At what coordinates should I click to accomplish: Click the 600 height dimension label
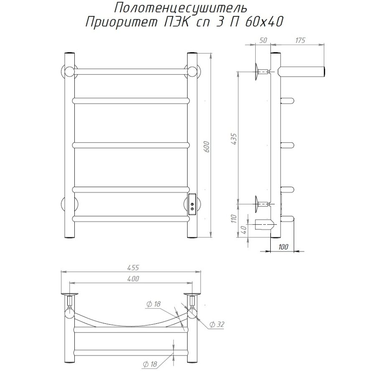click(207, 147)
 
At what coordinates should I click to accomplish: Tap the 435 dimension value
click(234, 139)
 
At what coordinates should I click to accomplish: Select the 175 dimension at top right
click(300, 40)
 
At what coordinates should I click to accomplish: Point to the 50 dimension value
click(263, 40)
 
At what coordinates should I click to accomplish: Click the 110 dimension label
click(234, 218)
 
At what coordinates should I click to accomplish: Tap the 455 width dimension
click(134, 267)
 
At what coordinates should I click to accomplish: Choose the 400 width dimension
click(134, 279)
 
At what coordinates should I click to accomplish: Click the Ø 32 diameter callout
click(217, 324)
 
